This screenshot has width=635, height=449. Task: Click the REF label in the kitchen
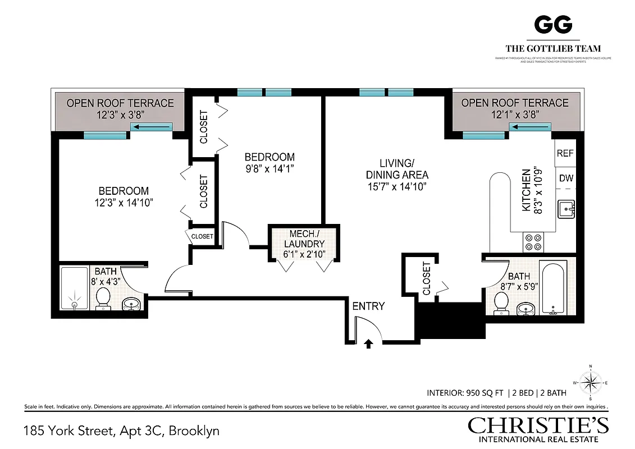[x=565, y=153]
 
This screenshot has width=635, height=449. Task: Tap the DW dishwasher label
[x=565, y=178]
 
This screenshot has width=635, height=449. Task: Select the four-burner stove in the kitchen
[x=533, y=242]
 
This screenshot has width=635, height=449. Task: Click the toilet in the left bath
[x=103, y=299]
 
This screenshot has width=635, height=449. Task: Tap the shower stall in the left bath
[x=75, y=288]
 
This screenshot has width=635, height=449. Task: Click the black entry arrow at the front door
[x=368, y=343]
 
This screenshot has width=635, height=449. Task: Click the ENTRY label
[x=368, y=306]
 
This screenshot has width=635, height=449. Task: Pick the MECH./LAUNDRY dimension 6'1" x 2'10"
[x=304, y=254]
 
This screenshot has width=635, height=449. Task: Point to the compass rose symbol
[x=590, y=384]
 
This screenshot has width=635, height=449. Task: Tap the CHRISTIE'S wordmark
[x=538, y=425]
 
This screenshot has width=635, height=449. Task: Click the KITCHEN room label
[x=526, y=190]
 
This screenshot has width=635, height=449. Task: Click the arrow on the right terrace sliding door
[x=530, y=127]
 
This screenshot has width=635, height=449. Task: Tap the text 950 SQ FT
[x=483, y=392]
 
